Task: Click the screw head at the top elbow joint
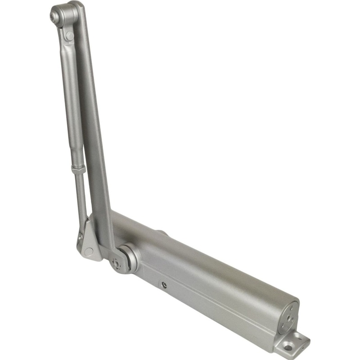click(x=55, y=17)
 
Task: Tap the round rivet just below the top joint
click(x=68, y=35)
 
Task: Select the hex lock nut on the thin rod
click(x=78, y=169)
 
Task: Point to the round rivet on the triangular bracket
click(x=88, y=252)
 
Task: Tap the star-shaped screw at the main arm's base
click(x=117, y=265)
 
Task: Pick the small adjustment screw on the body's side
click(x=165, y=284)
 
